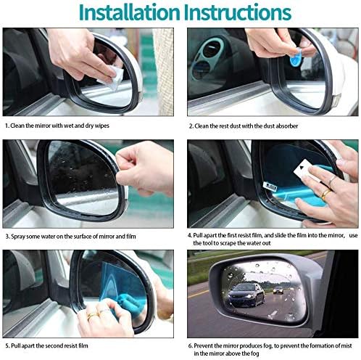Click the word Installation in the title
coord(130,12)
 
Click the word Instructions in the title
coord(238,12)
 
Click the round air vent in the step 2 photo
coord(212,49)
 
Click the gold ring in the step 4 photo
coord(326,193)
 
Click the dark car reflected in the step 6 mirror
coord(246,295)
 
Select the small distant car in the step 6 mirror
coord(278,290)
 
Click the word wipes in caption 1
coord(102,126)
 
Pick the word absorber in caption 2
coord(287,126)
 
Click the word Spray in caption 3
coord(18,237)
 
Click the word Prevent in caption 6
coord(204,345)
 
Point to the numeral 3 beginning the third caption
coord(7,237)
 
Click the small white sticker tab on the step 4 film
coord(270,186)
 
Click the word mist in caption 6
coord(347,345)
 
